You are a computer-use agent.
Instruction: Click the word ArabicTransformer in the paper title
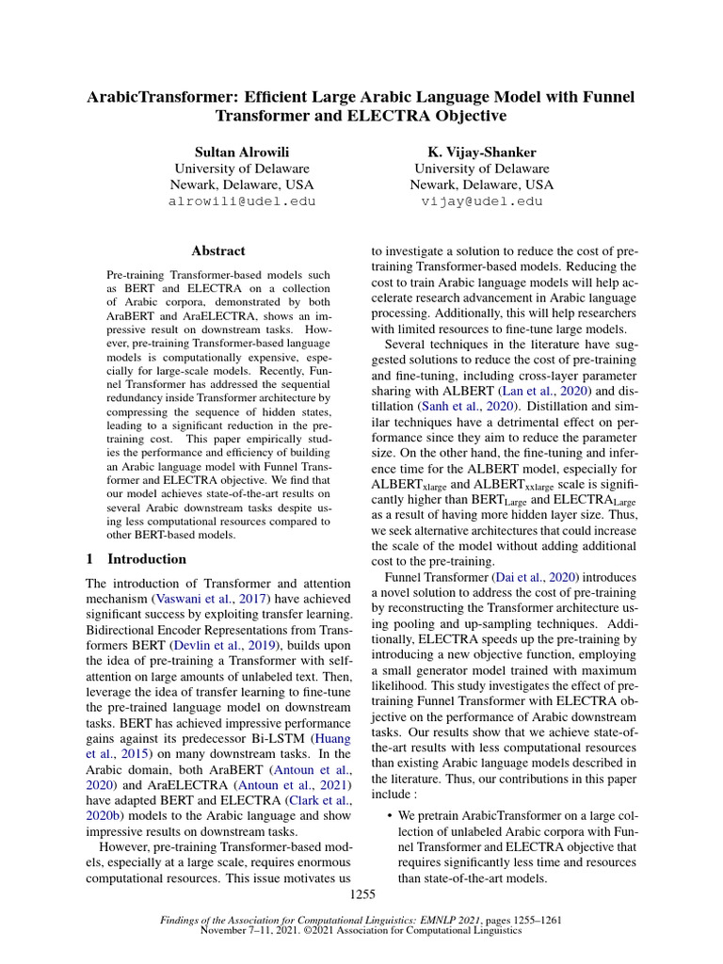pos(156,97)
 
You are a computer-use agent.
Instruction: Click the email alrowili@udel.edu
pos(242,201)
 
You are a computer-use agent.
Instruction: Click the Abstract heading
pos(218,251)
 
